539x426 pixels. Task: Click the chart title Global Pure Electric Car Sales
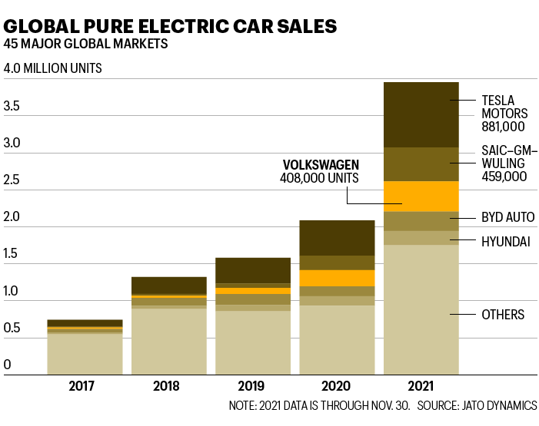(170, 25)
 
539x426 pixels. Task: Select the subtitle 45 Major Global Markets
(86, 44)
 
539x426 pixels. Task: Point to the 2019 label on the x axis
(253, 386)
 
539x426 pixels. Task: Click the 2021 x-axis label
(421, 386)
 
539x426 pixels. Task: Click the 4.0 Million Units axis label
(53, 68)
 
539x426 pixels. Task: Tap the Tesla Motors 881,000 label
(503, 113)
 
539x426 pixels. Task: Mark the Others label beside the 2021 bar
(503, 315)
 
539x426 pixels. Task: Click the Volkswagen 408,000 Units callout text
(321, 171)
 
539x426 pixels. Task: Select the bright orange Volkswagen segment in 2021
(421, 196)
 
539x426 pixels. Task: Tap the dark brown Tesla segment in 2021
(421, 114)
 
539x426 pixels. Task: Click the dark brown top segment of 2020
(337, 237)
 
